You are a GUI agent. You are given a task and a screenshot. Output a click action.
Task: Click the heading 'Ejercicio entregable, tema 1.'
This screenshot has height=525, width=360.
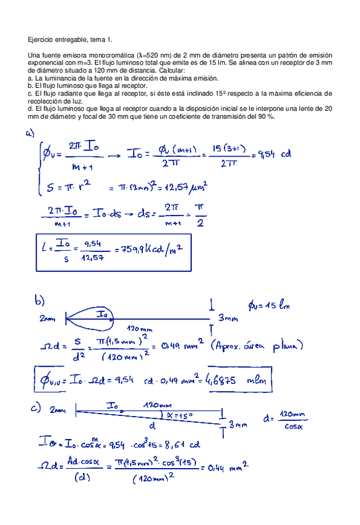71,40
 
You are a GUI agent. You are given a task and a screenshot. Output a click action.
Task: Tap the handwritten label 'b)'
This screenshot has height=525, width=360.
40,302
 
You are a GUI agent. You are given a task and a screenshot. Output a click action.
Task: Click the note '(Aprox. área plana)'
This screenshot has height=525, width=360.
256,345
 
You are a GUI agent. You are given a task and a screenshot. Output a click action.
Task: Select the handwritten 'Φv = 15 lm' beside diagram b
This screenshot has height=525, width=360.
269,305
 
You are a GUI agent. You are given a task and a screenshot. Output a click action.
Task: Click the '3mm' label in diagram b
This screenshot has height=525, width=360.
229,319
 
